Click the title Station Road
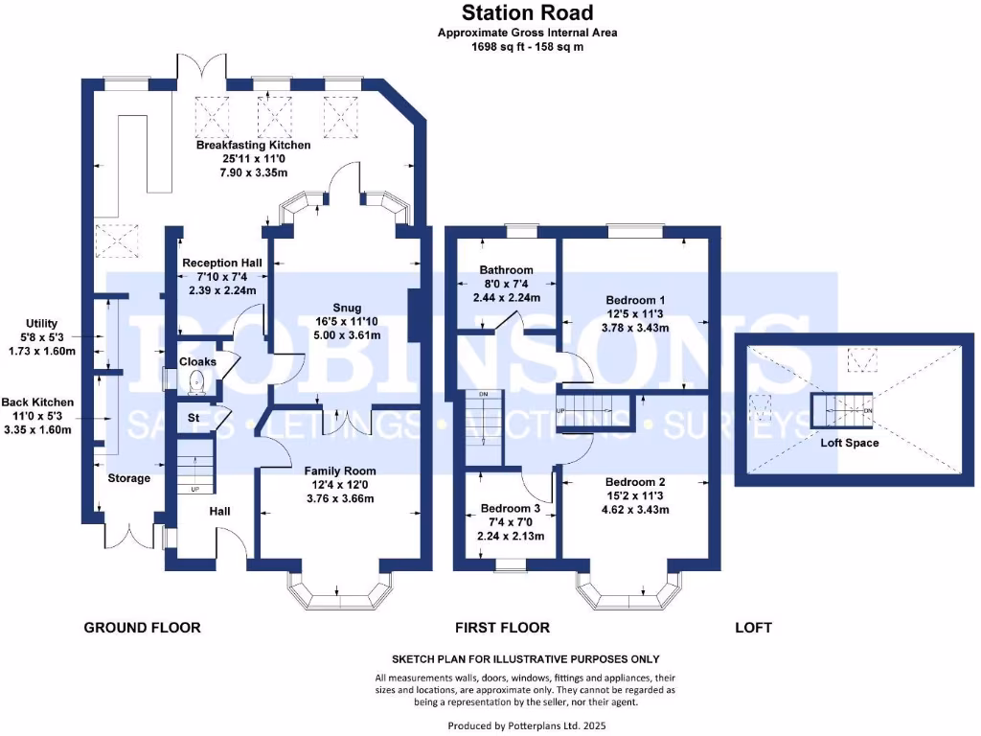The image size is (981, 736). coord(527,12)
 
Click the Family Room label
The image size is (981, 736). coord(340,471)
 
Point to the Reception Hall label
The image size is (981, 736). coord(221,263)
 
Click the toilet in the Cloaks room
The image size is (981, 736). coord(196,383)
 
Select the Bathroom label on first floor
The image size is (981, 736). coord(507,270)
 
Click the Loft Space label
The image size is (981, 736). coord(849,443)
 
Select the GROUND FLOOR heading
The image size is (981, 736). coord(143,628)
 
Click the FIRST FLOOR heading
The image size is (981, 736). coord(502,628)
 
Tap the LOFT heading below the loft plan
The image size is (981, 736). coord(752,628)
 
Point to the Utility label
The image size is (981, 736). coord(50,324)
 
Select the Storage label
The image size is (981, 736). coord(128,478)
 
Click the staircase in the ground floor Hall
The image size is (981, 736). coord(194,470)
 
